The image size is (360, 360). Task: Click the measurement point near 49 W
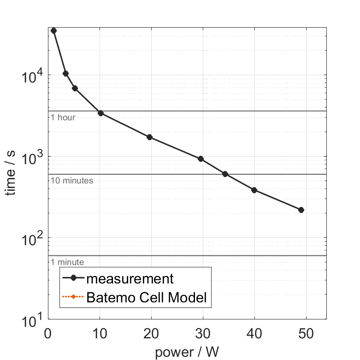[x=301, y=210]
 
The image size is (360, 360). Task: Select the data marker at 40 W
[x=254, y=190]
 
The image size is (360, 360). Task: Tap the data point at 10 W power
[x=100, y=113]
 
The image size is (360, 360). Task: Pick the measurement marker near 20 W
[x=149, y=137]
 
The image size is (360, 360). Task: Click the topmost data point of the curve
[x=53, y=30]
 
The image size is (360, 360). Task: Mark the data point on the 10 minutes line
[x=225, y=174]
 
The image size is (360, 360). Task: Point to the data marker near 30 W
[x=201, y=159]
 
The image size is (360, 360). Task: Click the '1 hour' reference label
[x=63, y=118]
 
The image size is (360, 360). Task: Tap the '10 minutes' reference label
[x=72, y=181]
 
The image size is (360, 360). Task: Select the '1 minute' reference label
[x=67, y=262]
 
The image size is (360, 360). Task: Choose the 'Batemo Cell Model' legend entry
[x=147, y=298]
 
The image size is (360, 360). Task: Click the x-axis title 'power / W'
[x=187, y=353]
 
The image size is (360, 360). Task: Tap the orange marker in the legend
[x=74, y=298]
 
